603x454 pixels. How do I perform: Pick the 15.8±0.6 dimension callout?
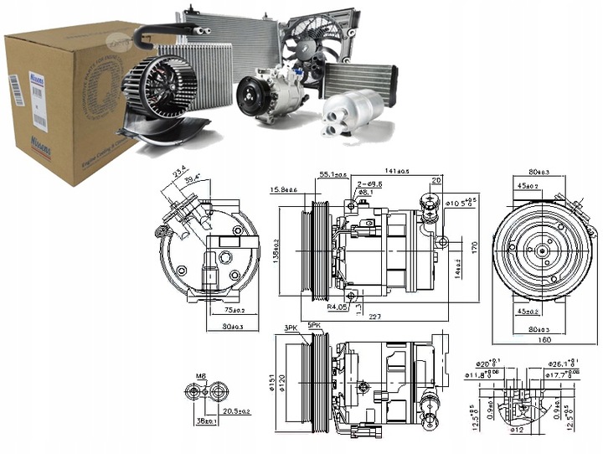pyautogui.click(x=284, y=190)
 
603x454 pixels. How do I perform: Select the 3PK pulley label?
pyautogui.click(x=291, y=328)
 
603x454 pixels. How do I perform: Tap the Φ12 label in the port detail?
pyautogui.click(x=519, y=431)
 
